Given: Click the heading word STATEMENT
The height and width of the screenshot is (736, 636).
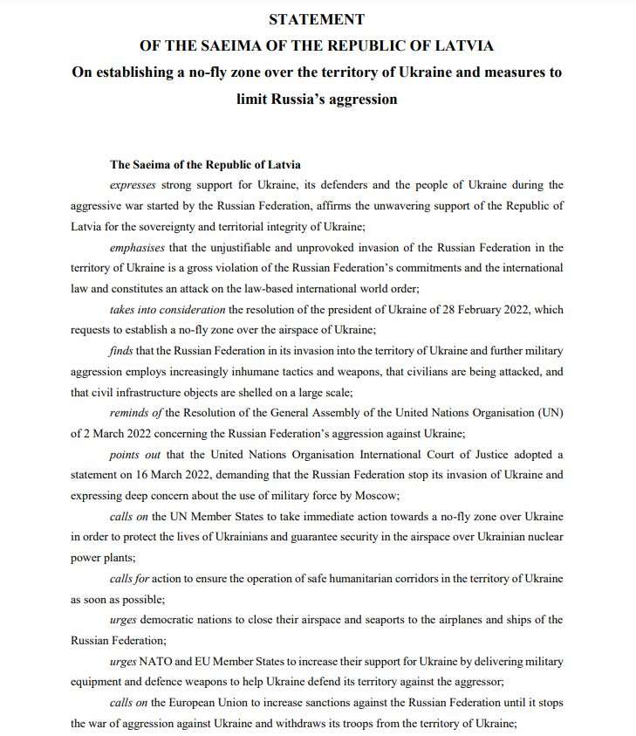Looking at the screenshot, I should (317, 19).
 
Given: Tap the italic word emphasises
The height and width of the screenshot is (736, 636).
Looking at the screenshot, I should (137, 247).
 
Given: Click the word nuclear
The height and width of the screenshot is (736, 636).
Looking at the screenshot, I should (544, 538).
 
